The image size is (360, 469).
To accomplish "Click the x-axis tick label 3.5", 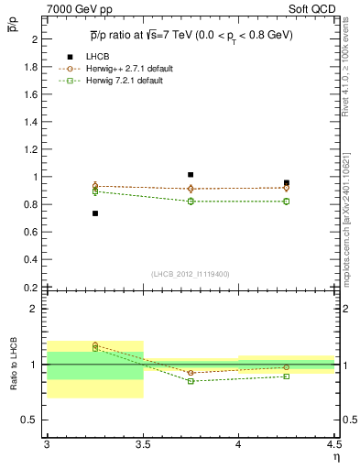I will (143, 444).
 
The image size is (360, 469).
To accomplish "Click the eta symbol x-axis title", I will (335, 456).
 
